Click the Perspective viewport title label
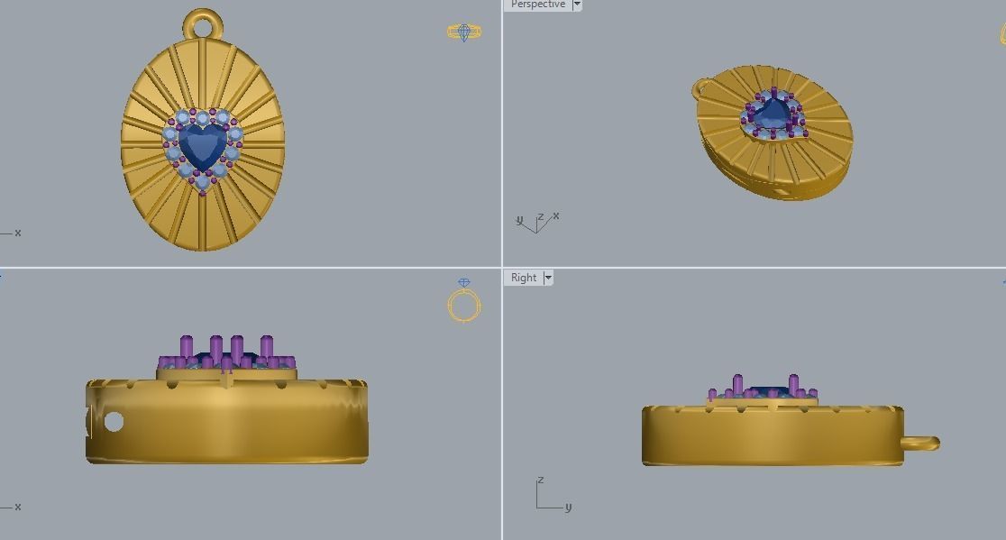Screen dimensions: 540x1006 (537, 5)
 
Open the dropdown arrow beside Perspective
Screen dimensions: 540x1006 (577, 5)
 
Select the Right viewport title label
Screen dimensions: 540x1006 (524, 278)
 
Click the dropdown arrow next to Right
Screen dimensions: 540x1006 (547, 278)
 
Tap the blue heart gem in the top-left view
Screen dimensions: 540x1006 (203, 146)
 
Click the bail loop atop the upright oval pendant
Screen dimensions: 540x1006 (202, 24)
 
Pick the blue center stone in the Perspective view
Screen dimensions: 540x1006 (773, 115)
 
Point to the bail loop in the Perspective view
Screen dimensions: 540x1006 (702, 88)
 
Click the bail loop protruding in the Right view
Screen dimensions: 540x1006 (920, 443)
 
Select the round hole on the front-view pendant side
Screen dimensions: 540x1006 (114, 421)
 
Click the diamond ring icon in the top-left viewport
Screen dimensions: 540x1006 (464, 32)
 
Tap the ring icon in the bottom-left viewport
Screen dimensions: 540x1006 (464, 303)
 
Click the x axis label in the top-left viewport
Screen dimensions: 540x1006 (17, 233)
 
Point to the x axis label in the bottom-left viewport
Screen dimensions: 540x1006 (17, 507)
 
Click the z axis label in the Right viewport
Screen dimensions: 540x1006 (540, 481)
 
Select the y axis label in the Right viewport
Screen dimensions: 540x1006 (568, 508)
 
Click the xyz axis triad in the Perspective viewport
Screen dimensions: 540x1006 (536, 222)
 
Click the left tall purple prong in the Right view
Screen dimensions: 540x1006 (738, 385)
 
